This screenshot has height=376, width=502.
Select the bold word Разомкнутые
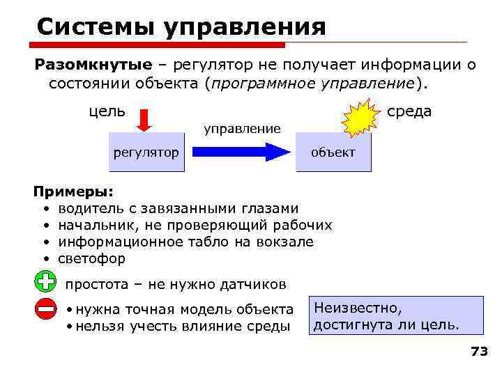(93, 65)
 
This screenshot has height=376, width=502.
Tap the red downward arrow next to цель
(144, 119)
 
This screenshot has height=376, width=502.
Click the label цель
(106, 111)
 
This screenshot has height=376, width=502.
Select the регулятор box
(146, 152)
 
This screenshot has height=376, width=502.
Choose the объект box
(333, 152)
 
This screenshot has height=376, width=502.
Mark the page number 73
(479, 352)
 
